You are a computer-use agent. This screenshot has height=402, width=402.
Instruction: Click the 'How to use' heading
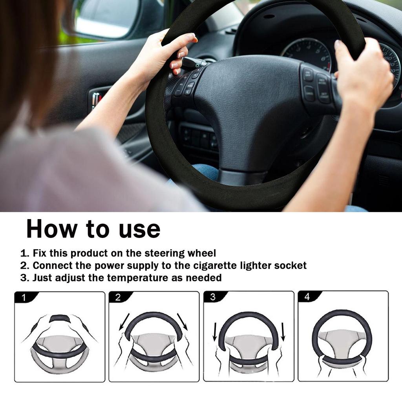[93, 229]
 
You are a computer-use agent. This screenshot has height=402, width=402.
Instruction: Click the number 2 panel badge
[118, 297]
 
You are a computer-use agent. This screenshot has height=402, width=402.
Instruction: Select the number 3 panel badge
[212, 297]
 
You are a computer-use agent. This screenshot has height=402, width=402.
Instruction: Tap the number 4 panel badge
[307, 297]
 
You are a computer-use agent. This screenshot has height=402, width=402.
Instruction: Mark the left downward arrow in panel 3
[215, 332]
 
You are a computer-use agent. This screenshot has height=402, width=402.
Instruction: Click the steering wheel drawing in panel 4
[342, 338]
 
